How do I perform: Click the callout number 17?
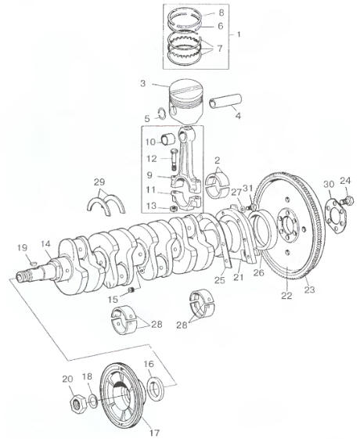154,433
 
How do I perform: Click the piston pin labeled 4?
225,101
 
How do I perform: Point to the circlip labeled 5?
161,113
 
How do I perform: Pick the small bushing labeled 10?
168,139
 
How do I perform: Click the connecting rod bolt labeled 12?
173,160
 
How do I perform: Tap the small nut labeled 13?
173,208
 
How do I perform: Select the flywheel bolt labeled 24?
347,200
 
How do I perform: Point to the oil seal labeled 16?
155,387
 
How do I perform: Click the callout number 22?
286,295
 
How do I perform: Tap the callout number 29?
99,182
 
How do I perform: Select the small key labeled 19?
34,263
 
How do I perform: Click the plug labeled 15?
131,290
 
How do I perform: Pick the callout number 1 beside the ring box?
239,34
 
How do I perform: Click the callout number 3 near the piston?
142,84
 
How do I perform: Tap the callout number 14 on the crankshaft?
45,243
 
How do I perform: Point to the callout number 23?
309,290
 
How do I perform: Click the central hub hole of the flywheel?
286,225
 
